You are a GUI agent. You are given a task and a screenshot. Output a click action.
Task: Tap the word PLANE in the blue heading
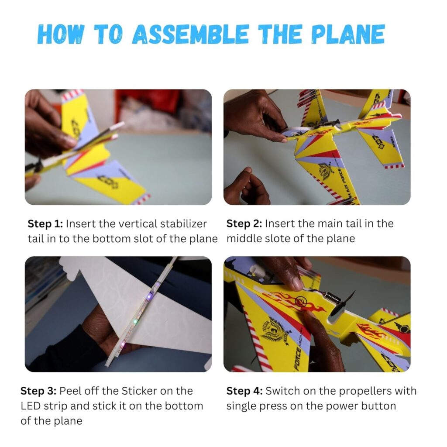348,34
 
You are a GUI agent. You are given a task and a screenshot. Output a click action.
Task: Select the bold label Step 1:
45,224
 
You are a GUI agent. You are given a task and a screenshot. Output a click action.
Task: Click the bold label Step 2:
244,224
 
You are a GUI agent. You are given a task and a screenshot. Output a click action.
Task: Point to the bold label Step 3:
38,391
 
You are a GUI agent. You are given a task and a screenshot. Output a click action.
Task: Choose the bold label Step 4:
244,391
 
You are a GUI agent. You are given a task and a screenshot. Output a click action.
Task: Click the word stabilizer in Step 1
183,224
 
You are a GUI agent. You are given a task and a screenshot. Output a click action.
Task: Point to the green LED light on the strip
135,322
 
